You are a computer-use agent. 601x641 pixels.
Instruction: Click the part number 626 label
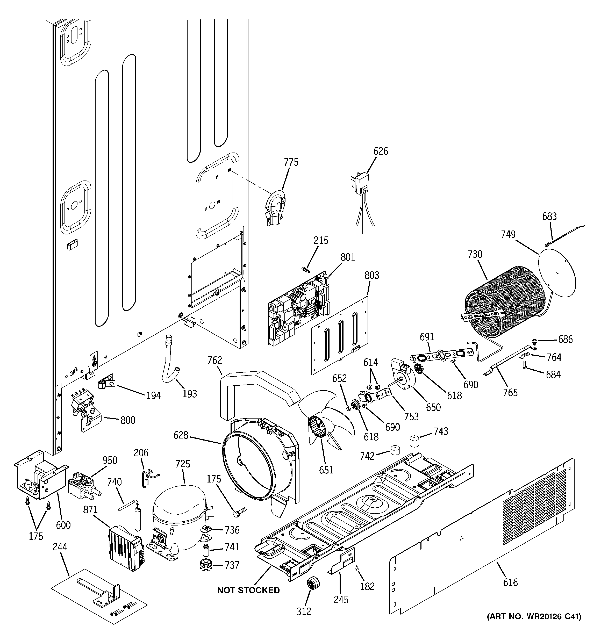pos(380,151)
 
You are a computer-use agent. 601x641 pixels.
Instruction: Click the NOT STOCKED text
pos(248,590)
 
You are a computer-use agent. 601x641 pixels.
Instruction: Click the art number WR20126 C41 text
pos(534,617)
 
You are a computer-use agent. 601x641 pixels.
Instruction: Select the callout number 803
pos(372,275)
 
